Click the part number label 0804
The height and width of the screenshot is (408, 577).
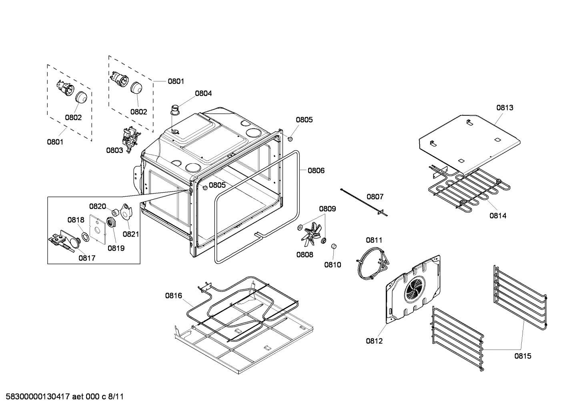(203, 93)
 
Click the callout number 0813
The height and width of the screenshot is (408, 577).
(505, 107)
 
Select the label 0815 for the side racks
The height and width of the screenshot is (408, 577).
(523, 356)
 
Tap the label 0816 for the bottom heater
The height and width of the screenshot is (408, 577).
(173, 296)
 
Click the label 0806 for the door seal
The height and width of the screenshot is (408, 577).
(316, 170)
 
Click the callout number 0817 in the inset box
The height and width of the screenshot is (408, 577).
(86, 258)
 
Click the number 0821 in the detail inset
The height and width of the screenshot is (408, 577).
(130, 234)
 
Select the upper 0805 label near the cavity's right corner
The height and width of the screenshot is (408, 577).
(304, 119)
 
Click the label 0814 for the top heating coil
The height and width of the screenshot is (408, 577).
(497, 215)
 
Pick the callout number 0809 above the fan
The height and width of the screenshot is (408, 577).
(327, 209)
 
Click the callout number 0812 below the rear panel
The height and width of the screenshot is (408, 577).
(374, 341)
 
